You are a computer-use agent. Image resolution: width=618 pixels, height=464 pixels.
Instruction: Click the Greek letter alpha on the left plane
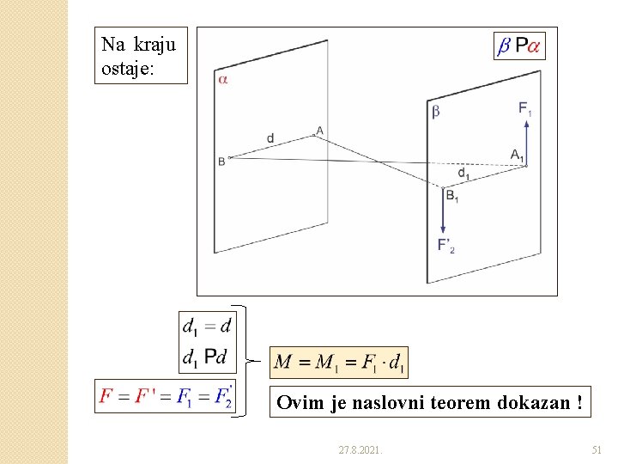pyautogui.click(x=222, y=80)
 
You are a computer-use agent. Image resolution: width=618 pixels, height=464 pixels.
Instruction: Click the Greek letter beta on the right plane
pyautogui.click(x=435, y=111)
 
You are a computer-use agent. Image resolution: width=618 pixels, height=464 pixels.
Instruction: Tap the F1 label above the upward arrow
pyautogui.click(x=524, y=108)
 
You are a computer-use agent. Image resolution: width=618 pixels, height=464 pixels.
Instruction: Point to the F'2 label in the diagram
pyautogui.click(x=445, y=246)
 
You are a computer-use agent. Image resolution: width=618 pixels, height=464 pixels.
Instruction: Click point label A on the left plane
pyautogui.click(x=319, y=131)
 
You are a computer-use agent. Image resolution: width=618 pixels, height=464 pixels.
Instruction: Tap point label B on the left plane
pyautogui.click(x=221, y=161)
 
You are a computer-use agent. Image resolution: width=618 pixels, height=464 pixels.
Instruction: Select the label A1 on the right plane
pyautogui.click(x=516, y=155)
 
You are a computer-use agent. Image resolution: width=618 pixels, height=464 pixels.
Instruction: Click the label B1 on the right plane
pyautogui.click(x=451, y=195)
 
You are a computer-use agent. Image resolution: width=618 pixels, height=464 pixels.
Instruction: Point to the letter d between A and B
pyautogui.click(x=270, y=137)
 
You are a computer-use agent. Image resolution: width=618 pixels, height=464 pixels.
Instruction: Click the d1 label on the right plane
pyautogui.click(x=463, y=174)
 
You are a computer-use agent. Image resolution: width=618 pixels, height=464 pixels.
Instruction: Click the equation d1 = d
pyautogui.click(x=207, y=326)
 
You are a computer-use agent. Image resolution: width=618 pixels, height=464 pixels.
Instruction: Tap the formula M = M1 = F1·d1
pyautogui.click(x=339, y=362)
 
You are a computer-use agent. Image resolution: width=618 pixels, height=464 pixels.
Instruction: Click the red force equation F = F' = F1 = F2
pyautogui.click(x=166, y=396)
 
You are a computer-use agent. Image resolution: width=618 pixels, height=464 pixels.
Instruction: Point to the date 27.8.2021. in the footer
pyautogui.click(x=360, y=449)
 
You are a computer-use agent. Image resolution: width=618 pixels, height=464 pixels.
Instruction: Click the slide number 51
pyautogui.click(x=597, y=449)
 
